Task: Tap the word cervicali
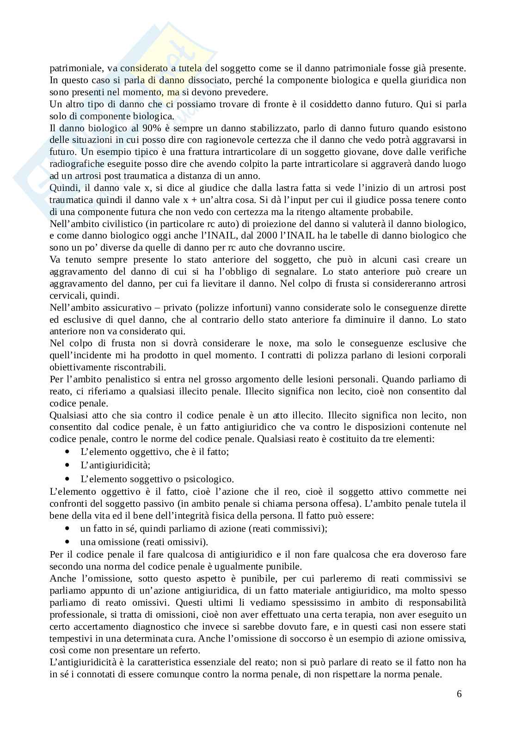65,295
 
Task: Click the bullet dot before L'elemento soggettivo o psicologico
68,479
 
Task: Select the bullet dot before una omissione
68,541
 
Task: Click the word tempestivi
71,638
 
